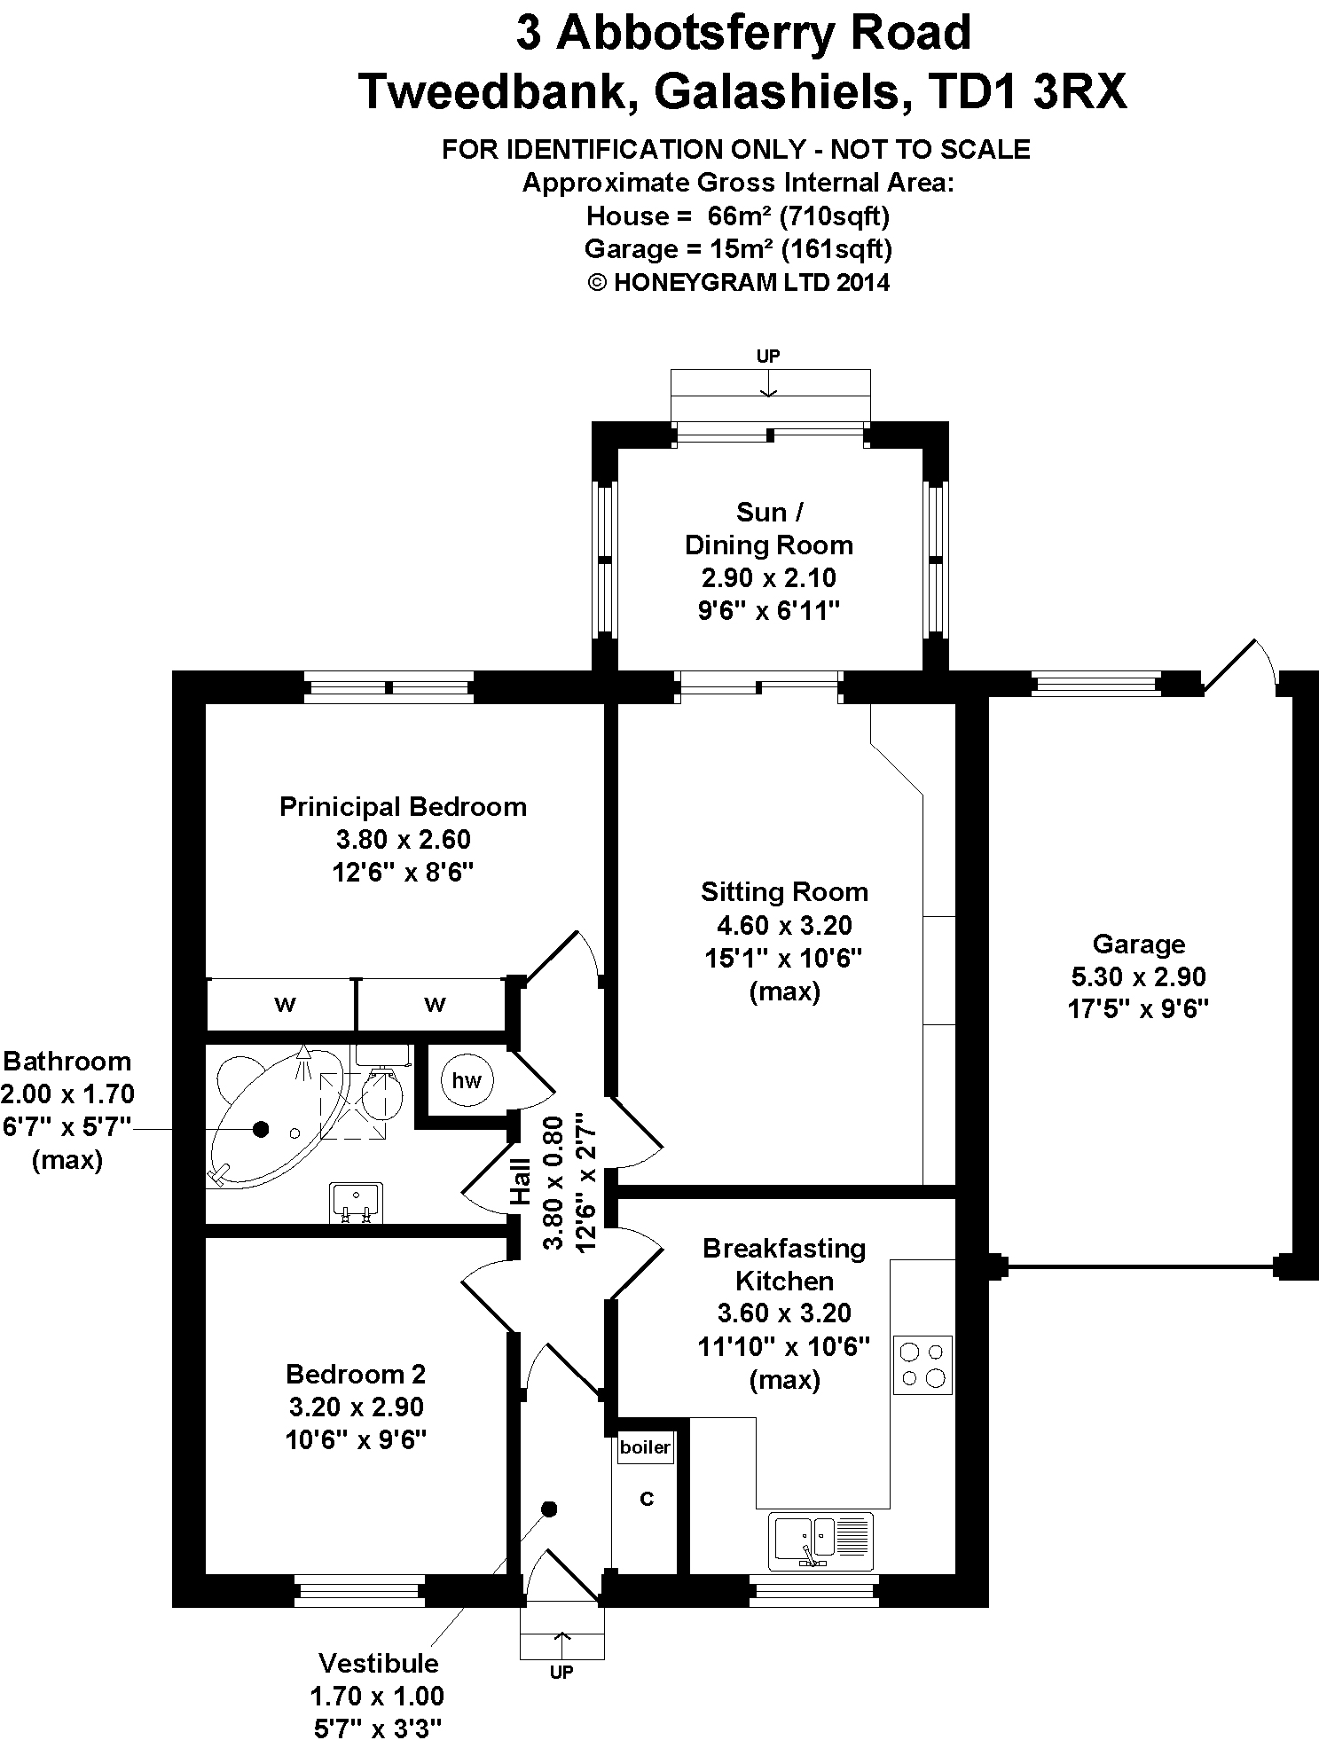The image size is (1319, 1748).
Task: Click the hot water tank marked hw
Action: [467, 1079]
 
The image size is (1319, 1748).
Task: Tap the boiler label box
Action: [645, 1447]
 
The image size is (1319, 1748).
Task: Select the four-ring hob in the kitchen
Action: [923, 1366]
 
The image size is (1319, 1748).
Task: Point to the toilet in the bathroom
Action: [384, 1086]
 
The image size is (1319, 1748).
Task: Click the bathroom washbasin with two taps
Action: [355, 1202]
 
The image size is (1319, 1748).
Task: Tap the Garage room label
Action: [1139, 944]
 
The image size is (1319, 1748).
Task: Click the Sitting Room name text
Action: [784, 891]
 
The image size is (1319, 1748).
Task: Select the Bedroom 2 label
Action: [356, 1374]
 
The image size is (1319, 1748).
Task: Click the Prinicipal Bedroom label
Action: [403, 806]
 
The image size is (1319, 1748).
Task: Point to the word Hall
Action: [520, 1182]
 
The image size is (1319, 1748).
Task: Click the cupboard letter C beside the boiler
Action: [647, 1499]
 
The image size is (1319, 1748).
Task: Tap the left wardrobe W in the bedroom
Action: [285, 1004]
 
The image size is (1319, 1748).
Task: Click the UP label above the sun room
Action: [768, 356]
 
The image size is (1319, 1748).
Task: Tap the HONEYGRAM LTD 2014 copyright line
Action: [738, 282]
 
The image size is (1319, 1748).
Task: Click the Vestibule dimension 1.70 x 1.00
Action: [377, 1696]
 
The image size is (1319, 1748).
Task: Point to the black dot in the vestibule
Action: [549, 1509]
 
